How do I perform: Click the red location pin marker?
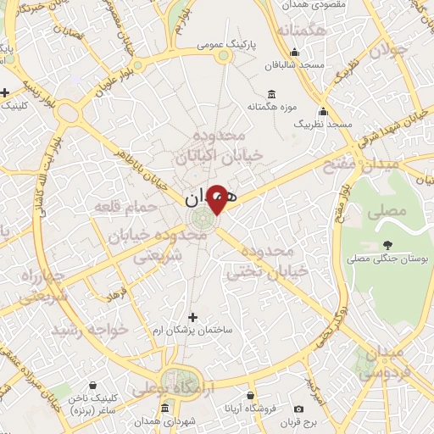click(217, 199)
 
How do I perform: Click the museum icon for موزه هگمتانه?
click(270, 93)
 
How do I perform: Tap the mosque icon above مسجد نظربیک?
click(322, 111)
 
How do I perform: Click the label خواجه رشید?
click(88, 328)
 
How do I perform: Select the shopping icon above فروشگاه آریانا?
click(249, 395)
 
